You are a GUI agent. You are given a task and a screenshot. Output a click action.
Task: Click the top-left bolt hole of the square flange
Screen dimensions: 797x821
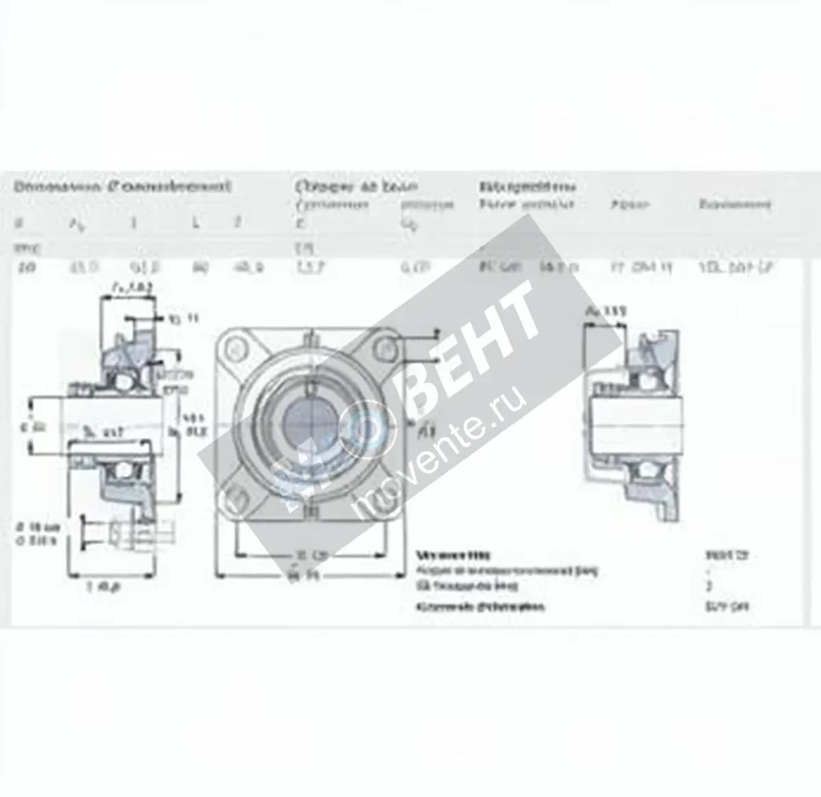click(x=239, y=347)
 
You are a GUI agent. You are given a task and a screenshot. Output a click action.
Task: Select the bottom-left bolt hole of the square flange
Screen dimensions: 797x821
click(x=237, y=494)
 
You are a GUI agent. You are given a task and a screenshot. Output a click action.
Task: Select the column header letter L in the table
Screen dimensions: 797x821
click(x=196, y=223)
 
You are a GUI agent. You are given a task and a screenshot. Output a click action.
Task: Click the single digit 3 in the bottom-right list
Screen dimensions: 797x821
click(x=709, y=586)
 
